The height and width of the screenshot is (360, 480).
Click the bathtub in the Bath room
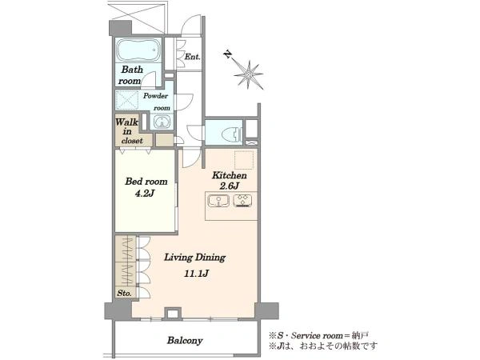click(x=138, y=50)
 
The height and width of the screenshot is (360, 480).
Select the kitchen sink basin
click(x=218, y=201)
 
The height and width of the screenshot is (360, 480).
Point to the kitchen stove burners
click(x=242, y=201)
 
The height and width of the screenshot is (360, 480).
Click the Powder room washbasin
click(x=162, y=122)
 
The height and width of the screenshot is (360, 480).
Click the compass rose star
click(x=249, y=74)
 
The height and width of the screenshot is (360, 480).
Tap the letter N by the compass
click(x=227, y=54)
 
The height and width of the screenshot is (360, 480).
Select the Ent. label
click(x=192, y=57)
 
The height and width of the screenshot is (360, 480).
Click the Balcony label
click(x=185, y=341)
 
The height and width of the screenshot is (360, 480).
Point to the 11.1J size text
click(x=196, y=273)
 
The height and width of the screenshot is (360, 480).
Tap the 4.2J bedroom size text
click(x=145, y=194)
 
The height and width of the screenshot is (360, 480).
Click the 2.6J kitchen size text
click(x=229, y=186)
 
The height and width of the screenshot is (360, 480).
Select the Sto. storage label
click(x=124, y=293)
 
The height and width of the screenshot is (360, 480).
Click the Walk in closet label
click(x=128, y=131)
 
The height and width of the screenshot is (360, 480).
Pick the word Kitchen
click(x=230, y=175)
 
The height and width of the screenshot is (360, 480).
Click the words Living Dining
click(x=195, y=257)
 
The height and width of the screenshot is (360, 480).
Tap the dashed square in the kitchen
click(x=244, y=160)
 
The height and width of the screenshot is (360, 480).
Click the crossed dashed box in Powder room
click(x=127, y=100)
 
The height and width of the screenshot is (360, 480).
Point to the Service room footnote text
click(x=318, y=335)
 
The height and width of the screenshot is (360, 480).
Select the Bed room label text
click(x=146, y=182)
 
